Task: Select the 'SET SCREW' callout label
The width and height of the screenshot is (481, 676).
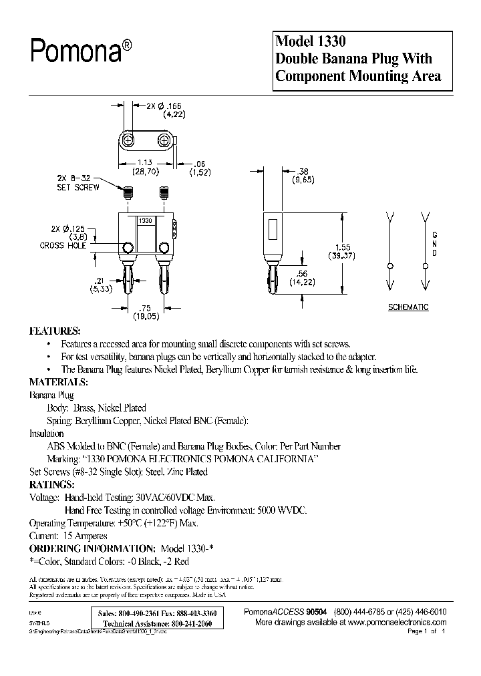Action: (x=79, y=188)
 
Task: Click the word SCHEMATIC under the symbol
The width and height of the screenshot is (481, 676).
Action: (x=408, y=307)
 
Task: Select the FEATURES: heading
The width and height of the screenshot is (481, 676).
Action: (x=55, y=331)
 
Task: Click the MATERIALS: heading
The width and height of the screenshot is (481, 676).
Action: (x=59, y=382)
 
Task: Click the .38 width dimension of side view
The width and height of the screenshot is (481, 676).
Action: (x=285, y=172)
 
